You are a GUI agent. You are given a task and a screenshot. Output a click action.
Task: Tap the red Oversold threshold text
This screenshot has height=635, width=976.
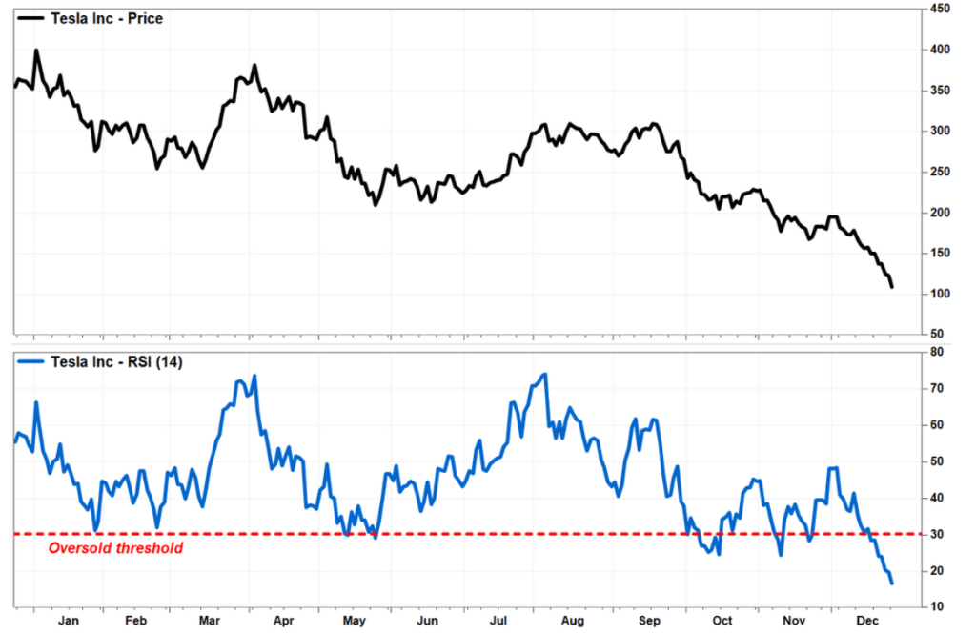(115, 548)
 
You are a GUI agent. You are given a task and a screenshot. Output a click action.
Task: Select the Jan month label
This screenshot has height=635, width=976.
(70, 621)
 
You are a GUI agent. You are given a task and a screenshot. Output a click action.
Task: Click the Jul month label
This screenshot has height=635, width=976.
(497, 621)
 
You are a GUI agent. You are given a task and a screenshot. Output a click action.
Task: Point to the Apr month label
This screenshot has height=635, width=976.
(283, 621)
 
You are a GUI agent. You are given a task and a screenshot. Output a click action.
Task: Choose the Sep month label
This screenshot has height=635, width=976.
(648, 621)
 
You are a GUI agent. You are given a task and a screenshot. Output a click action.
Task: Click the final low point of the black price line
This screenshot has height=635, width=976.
(892, 287)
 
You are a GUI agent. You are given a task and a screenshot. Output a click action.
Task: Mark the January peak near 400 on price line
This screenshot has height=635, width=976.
(36, 51)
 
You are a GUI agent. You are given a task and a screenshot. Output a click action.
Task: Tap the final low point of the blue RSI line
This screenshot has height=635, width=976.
(892, 584)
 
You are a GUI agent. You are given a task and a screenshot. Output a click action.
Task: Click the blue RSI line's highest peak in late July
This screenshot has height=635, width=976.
(544, 374)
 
